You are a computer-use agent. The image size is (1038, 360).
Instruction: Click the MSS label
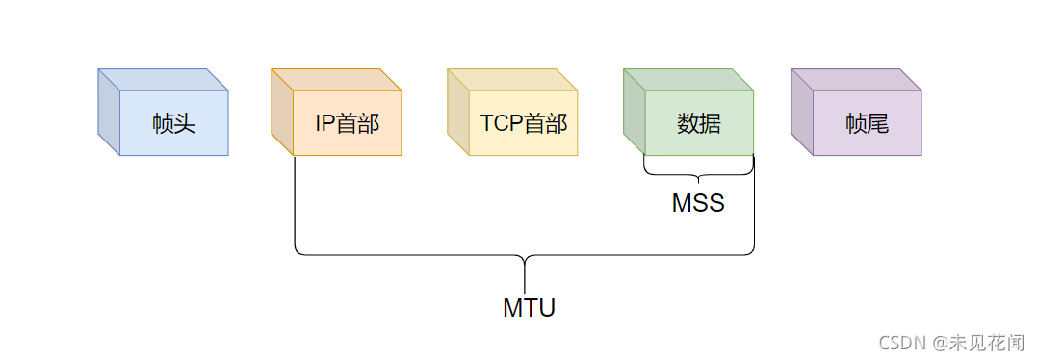click(697, 204)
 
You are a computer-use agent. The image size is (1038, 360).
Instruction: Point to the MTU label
click(529, 308)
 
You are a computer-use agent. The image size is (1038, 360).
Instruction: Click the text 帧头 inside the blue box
click(173, 123)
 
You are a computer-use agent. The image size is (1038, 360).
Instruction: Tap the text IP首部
click(347, 123)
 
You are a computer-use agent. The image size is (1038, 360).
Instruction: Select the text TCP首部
click(523, 123)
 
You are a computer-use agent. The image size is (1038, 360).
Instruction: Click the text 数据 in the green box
click(698, 123)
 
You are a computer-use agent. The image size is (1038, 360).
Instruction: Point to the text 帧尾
click(867, 123)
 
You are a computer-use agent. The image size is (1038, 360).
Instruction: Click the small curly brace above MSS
click(698, 173)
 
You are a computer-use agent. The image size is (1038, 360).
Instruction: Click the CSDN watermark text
click(899, 342)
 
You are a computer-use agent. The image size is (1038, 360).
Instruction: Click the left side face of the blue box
click(109, 113)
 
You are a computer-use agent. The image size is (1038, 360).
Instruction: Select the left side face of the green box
click(634, 113)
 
